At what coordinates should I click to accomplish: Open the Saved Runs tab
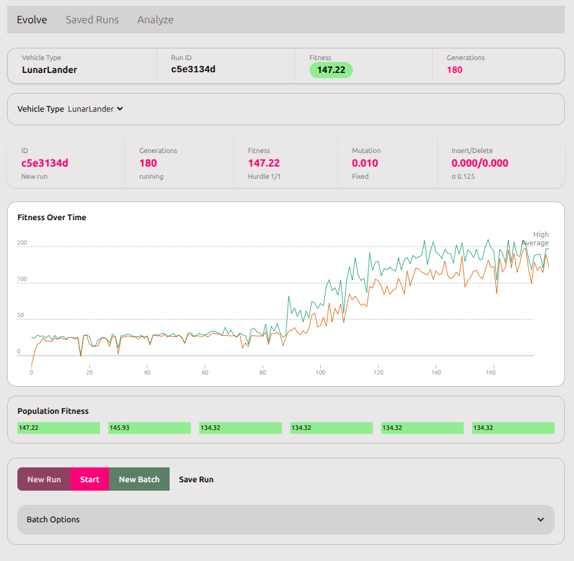(92, 20)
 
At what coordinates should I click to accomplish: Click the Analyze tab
(155, 20)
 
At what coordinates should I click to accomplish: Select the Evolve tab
(32, 20)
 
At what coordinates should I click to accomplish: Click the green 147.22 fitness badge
(331, 70)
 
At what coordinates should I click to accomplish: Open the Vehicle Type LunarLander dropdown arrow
(120, 109)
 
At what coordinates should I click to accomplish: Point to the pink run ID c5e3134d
(45, 163)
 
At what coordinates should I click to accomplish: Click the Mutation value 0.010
(365, 163)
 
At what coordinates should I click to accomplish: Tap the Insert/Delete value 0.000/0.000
(480, 163)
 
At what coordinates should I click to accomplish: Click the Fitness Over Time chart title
(52, 218)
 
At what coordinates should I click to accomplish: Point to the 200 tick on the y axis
(22, 243)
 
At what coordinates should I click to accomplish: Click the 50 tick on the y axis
(21, 315)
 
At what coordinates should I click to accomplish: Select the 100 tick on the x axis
(321, 372)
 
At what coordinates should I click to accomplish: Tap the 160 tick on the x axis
(491, 372)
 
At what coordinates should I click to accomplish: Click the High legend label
(540, 234)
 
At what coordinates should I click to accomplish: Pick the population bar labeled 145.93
(150, 428)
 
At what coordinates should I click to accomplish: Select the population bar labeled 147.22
(59, 428)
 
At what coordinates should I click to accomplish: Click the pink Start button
(90, 479)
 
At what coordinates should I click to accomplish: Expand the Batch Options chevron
(540, 520)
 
